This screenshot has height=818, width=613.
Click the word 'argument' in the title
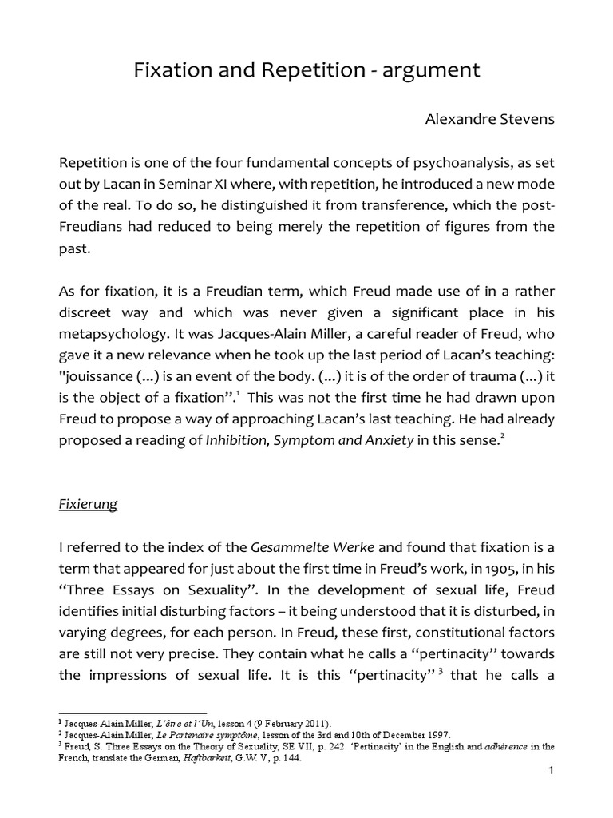pyautogui.click(x=436, y=71)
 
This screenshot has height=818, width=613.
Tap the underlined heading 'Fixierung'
pyautogui.click(x=89, y=504)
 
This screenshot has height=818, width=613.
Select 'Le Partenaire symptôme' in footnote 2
pyautogui.click(x=196, y=734)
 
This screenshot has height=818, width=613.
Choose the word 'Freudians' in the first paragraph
pyautogui.click(x=99, y=227)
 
